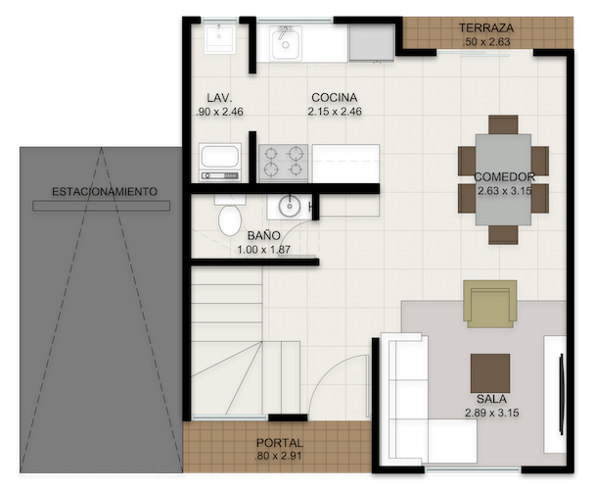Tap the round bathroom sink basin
click(290, 206)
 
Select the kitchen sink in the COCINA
click(286, 43)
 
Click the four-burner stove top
click(284, 163)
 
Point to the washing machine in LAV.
click(220, 162)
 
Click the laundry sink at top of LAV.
click(220, 39)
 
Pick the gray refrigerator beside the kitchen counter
click(372, 42)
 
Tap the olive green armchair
click(490, 304)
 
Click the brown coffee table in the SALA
click(490, 373)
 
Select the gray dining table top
click(503, 179)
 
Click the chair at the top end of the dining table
click(503, 124)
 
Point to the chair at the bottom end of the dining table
click(503, 234)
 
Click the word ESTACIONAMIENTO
click(105, 191)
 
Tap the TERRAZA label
click(486, 27)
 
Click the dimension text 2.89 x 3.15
click(491, 413)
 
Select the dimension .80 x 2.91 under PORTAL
click(279, 456)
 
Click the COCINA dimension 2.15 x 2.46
click(335, 112)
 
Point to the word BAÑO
click(264, 235)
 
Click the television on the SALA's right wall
click(562, 393)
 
